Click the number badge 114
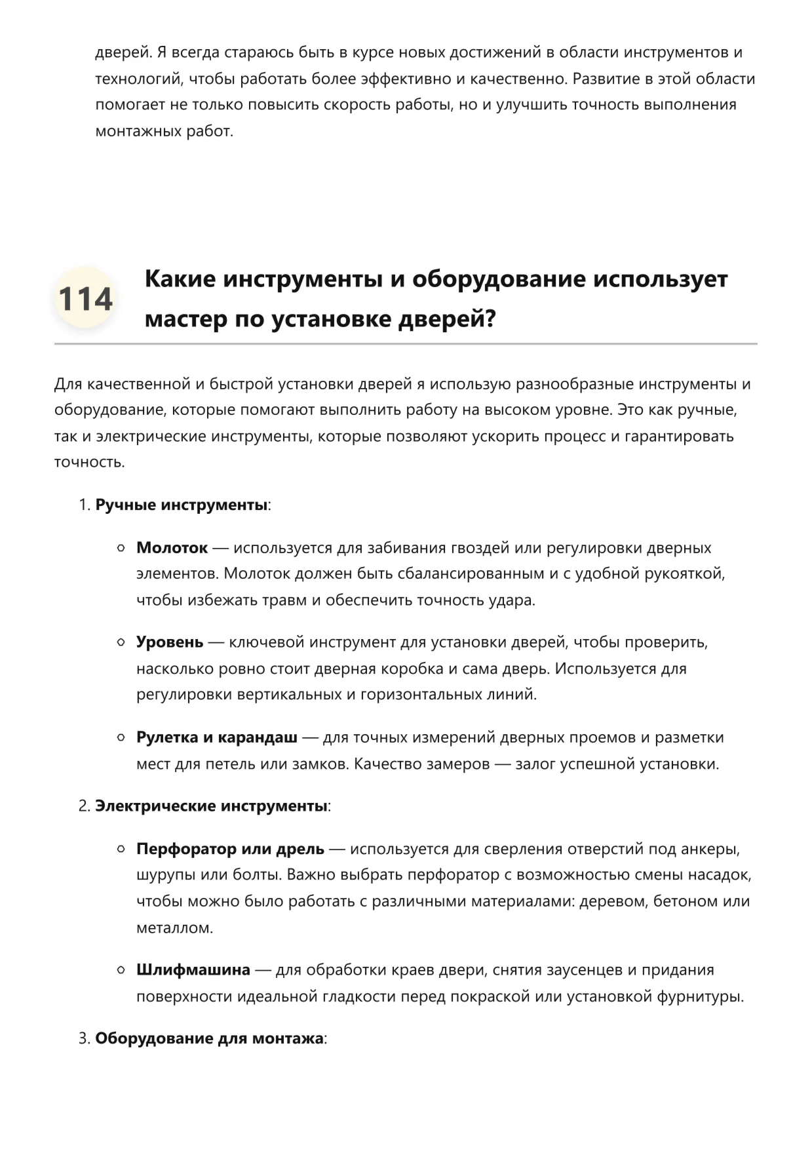[x=85, y=299]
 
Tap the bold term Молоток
[x=172, y=548]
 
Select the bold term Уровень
[x=170, y=642]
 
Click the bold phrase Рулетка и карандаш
[x=217, y=737]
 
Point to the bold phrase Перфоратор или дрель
[x=230, y=849]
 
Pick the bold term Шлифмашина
[x=193, y=970]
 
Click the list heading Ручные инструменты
[x=182, y=505]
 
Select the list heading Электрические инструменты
[x=211, y=806]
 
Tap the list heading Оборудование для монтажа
[x=209, y=1039]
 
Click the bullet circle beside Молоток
[x=121, y=548]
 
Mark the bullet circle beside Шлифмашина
[x=121, y=970]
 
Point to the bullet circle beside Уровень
[x=121, y=642]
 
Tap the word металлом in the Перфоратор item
[x=174, y=928]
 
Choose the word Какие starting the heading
[x=180, y=279]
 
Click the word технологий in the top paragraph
[x=140, y=79]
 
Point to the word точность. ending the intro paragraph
[x=89, y=463]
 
